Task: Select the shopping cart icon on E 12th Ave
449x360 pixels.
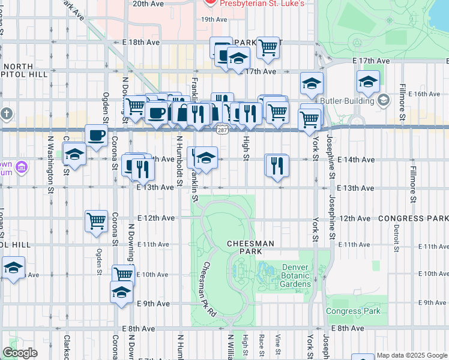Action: point(96,221)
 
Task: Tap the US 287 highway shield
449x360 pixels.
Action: point(222,130)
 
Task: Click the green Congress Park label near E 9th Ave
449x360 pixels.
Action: point(353,311)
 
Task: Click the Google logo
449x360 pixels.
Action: point(20,353)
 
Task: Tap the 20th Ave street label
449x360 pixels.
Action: point(148,4)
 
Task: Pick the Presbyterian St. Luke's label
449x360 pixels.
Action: point(262,4)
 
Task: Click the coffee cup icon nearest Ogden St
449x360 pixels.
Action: point(96,136)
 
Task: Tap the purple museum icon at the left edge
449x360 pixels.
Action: point(22,166)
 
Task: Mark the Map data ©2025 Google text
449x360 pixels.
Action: point(411,355)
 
